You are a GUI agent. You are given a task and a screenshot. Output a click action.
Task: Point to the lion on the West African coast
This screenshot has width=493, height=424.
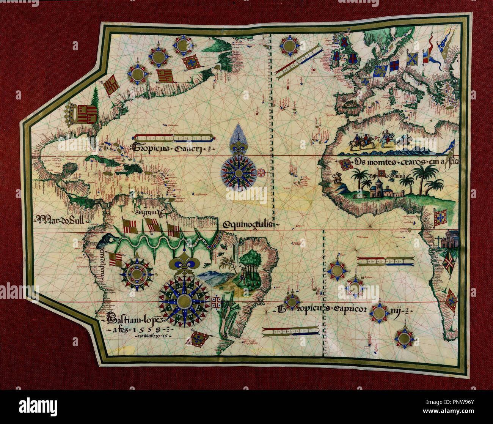[336, 178]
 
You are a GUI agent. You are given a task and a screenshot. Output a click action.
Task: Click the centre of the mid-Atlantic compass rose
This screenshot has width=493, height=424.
[239, 173]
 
